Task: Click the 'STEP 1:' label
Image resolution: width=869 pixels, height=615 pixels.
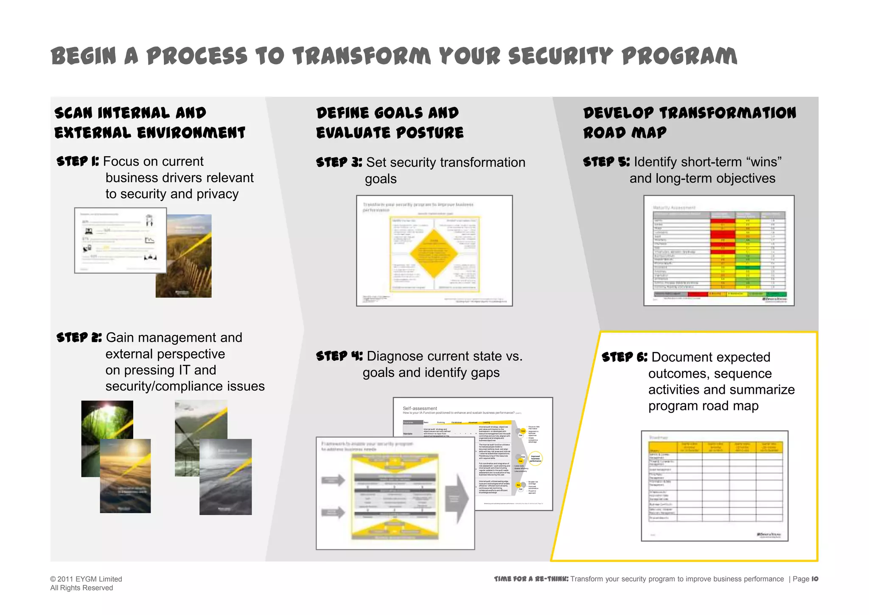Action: [x=78, y=161]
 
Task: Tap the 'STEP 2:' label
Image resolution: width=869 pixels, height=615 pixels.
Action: [x=79, y=337]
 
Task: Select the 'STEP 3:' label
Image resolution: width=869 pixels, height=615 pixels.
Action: [x=339, y=162]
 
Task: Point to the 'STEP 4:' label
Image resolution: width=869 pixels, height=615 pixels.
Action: [x=339, y=356]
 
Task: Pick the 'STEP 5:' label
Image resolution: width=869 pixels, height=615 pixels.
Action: [x=606, y=162]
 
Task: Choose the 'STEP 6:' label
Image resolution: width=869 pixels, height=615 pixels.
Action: [x=624, y=357]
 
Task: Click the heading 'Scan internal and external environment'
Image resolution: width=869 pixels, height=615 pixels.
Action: [x=149, y=123]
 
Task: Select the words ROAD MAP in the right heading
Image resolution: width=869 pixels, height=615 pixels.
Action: [x=624, y=132]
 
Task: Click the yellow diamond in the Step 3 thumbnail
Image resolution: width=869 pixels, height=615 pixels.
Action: [x=434, y=253]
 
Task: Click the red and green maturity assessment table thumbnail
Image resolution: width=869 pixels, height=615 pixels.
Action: [x=719, y=250]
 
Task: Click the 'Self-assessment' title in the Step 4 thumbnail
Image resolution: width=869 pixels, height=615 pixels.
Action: [x=420, y=408]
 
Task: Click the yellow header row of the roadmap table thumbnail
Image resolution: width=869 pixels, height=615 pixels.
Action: [x=715, y=447]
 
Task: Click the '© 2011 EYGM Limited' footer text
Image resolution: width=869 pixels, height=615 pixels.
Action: [x=86, y=579]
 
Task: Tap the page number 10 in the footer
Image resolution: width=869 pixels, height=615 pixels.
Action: [x=814, y=579]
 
